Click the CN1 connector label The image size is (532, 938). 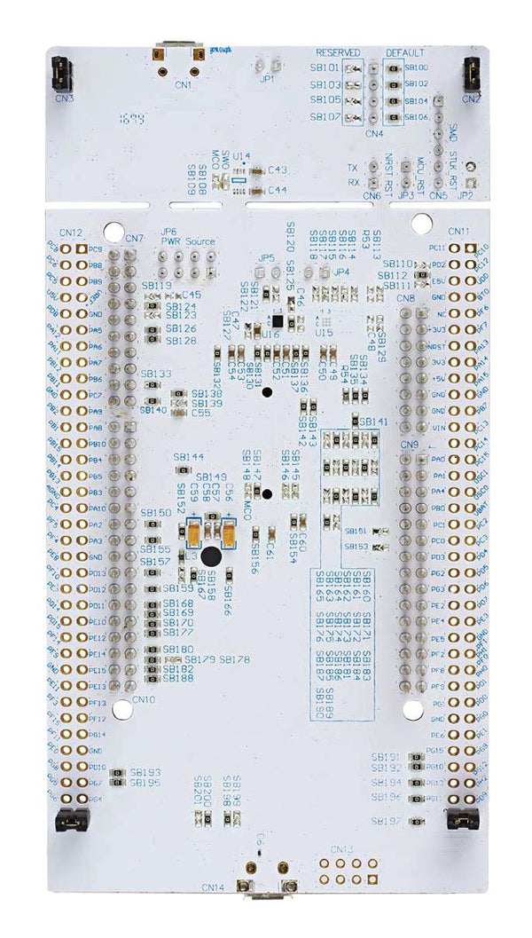pyautogui.click(x=183, y=85)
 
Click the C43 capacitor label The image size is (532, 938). pyautogui.click(x=277, y=170)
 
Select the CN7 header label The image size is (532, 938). pyautogui.click(x=135, y=238)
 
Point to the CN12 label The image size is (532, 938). pyautogui.click(x=71, y=233)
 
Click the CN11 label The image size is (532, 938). pyautogui.click(x=459, y=232)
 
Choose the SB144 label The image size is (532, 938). pyautogui.click(x=189, y=457)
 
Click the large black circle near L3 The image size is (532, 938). pyautogui.click(x=212, y=556)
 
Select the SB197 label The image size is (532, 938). pyautogui.click(x=387, y=821)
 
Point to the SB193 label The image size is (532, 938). pyautogui.click(x=145, y=772)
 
